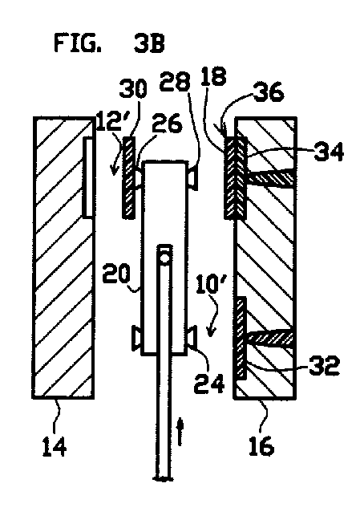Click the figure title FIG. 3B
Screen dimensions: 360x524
[109, 43]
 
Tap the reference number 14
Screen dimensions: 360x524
[55, 447]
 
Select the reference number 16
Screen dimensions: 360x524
[261, 445]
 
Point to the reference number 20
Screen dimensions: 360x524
[116, 274]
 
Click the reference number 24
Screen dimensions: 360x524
[209, 383]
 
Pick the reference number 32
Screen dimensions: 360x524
[324, 365]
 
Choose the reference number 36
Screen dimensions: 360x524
[269, 92]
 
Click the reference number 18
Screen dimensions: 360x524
[214, 76]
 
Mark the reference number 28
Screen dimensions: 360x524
[175, 81]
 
